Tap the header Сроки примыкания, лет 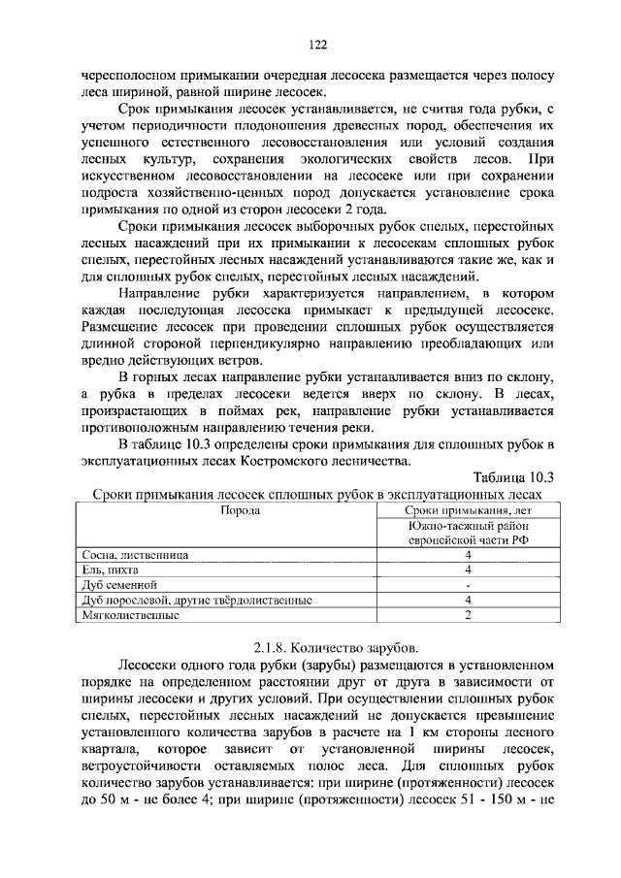(x=468, y=510)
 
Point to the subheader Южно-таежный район (x=468, y=525)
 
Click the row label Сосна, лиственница (x=135, y=554)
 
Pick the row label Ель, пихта (x=111, y=569)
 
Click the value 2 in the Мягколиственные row (x=468, y=615)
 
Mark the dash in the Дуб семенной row (x=468, y=585)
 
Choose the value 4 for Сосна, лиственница (x=468, y=554)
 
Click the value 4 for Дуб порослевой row (x=468, y=601)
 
